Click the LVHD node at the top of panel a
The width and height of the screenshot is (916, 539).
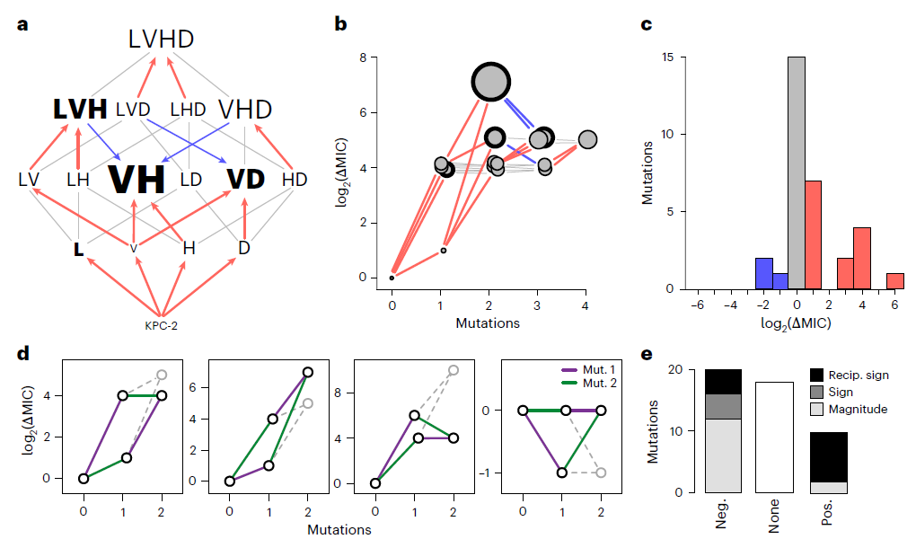161,39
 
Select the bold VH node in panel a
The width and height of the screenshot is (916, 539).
137,179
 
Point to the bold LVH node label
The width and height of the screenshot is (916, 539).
80,110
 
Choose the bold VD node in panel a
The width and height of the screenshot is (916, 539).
245,179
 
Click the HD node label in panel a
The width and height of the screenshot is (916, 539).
294,179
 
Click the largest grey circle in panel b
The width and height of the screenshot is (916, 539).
490,82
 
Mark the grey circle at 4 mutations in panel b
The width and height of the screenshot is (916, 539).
587,139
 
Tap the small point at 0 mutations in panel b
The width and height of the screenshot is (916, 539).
392,278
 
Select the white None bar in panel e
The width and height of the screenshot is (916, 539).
774,437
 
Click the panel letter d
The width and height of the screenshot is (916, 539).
23,351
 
